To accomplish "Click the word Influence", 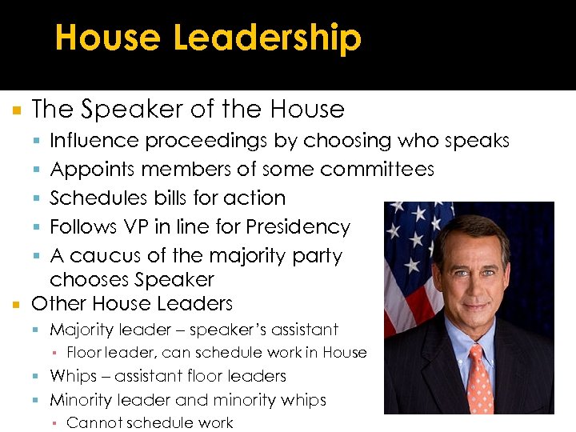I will (94, 141).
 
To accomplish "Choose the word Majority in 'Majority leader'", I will (82, 330).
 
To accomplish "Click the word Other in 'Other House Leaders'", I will (58, 304).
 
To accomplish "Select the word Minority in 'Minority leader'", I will (82, 399).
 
